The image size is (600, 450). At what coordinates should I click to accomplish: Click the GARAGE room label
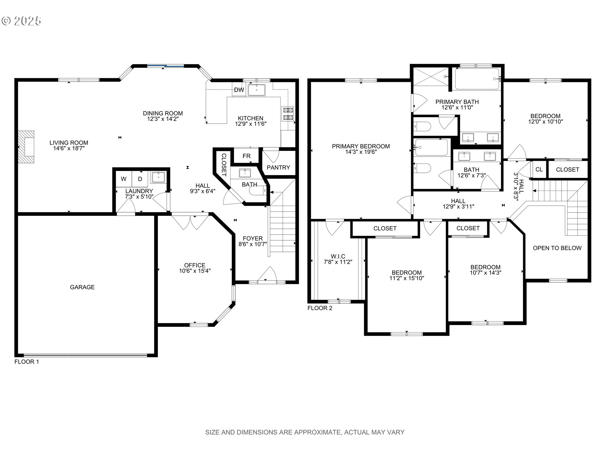[x=82, y=287]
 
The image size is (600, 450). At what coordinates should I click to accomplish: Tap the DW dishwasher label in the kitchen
[x=239, y=90]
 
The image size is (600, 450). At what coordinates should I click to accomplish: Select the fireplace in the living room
[x=26, y=147]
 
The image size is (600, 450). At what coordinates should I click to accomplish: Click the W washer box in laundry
[x=124, y=179]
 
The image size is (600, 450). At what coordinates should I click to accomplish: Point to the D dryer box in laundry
[x=140, y=179]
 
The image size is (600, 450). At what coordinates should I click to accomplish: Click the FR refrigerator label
[x=246, y=156]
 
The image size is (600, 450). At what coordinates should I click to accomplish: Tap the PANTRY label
[x=278, y=167]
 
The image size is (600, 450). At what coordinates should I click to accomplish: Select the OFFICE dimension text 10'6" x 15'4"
[x=195, y=271]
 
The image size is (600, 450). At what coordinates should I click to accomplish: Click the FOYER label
[x=252, y=238]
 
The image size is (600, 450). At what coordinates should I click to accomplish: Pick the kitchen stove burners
[x=288, y=114]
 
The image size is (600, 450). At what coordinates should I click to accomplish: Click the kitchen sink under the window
[x=257, y=90]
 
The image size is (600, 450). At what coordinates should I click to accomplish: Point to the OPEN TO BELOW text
[x=557, y=248]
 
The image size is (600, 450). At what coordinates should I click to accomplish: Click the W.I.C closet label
[x=338, y=257]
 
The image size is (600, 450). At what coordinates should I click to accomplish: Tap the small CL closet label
[x=539, y=170]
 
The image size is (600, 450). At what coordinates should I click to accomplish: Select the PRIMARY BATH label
[x=457, y=102]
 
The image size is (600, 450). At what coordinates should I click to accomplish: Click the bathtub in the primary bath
[x=477, y=79]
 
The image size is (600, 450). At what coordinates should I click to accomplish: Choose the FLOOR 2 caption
[x=320, y=308]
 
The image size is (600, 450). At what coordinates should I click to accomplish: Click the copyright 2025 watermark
[x=22, y=21]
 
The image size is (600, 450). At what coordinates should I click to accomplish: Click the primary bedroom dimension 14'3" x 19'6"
[x=361, y=152]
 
